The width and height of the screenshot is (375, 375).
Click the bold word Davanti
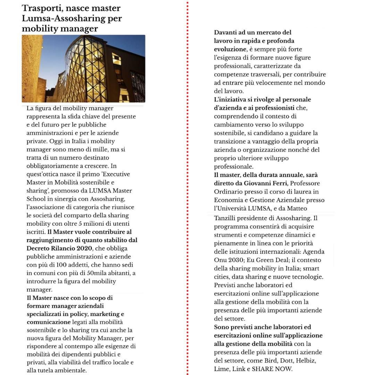click(227, 33)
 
